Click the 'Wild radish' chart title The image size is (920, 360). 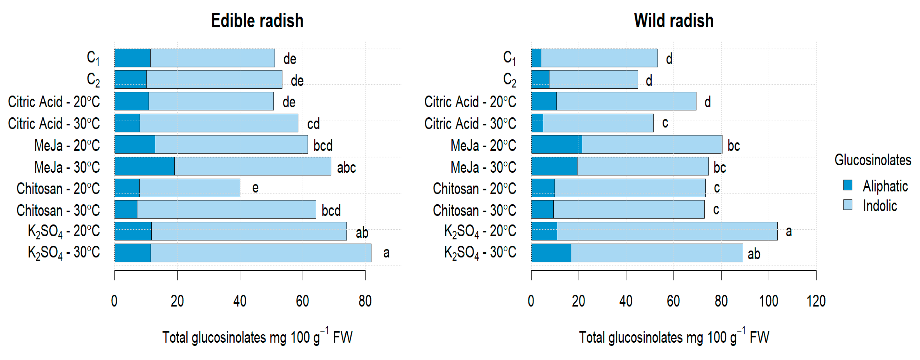pyautogui.click(x=674, y=21)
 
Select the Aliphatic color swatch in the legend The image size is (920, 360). pyautogui.click(x=848, y=185)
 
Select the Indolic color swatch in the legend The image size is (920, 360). pyautogui.click(x=848, y=205)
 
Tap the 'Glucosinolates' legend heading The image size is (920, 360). pyautogui.click(x=873, y=160)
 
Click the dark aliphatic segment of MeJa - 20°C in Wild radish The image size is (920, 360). pyautogui.click(x=556, y=145)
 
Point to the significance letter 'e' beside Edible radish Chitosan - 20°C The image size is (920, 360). pyautogui.click(x=255, y=187)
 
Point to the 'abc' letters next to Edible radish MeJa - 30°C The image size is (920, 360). pyautogui.click(x=346, y=167)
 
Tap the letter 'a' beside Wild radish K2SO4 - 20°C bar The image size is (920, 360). pyautogui.click(x=789, y=231)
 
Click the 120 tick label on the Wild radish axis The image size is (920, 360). pyautogui.click(x=816, y=301)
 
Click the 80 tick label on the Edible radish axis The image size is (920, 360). pyautogui.click(x=365, y=301)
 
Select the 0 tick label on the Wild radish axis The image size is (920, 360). pyautogui.click(x=531, y=301)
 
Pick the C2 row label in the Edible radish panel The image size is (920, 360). pyautogui.click(x=93, y=80)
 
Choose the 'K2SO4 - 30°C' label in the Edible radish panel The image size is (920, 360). pyautogui.click(x=64, y=253)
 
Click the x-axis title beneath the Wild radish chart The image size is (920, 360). pyautogui.click(x=674, y=336)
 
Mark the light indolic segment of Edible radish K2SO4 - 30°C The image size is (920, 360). pyautogui.click(x=261, y=253)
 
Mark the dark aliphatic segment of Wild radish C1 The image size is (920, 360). pyautogui.click(x=536, y=58)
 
